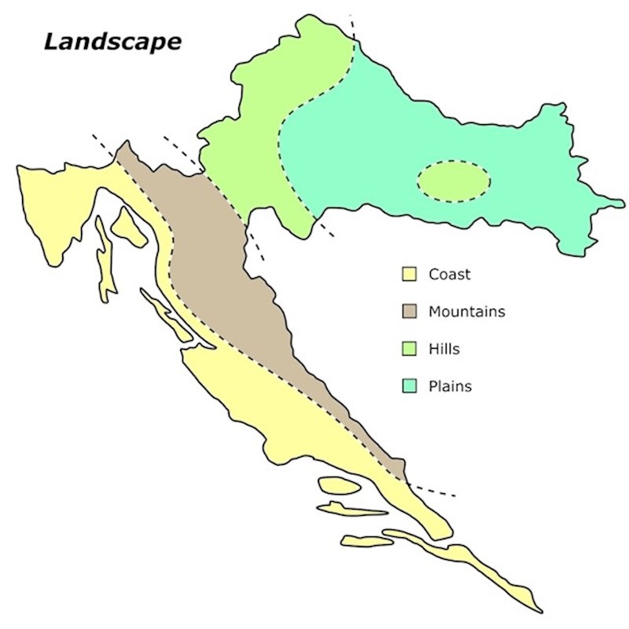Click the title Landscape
[x=112, y=41]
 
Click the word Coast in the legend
[x=450, y=274]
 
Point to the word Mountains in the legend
[x=466, y=312]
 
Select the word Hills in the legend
[x=444, y=349]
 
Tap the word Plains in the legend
[x=450, y=386]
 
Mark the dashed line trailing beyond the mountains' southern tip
[x=432, y=491]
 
